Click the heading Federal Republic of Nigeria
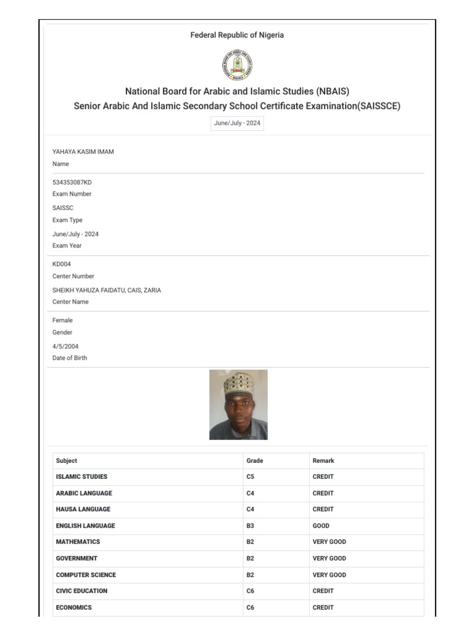pyautogui.click(x=237, y=35)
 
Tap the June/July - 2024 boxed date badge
pyautogui.click(x=237, y=123)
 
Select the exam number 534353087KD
pyautogui.click(x=72, y=182)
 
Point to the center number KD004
pyautogui.click(x=62, y=264)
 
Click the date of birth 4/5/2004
pyautogui.click(x=65, y=346)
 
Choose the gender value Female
pyautogui.click(x=62, y=320)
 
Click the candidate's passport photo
pyautogui.click(x=238, y=404)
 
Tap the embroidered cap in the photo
pyautogui.click(x=238, y=383)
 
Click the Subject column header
pyautogui.click(x=67, y=460)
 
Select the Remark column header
pyautogui.click(x=323, y=460)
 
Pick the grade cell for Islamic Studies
pyautogui.click(x=251, y=476)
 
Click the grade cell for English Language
pyautogui.click(x=251, y=526)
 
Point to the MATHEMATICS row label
pyautogui.click(x=78, y=542)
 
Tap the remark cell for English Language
pyautogui.click(x=321, y=526)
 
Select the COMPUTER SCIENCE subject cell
pyautogui.click(x=86, y=575)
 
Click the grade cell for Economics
pyautogui.click(x=251, y=607)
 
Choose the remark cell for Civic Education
pyautogui.click(x=323, y=591)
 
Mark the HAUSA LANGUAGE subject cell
pyautogui.click(x=83, y=509)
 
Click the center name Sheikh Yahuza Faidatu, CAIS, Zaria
pyautogui.click(x=107, y=290)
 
